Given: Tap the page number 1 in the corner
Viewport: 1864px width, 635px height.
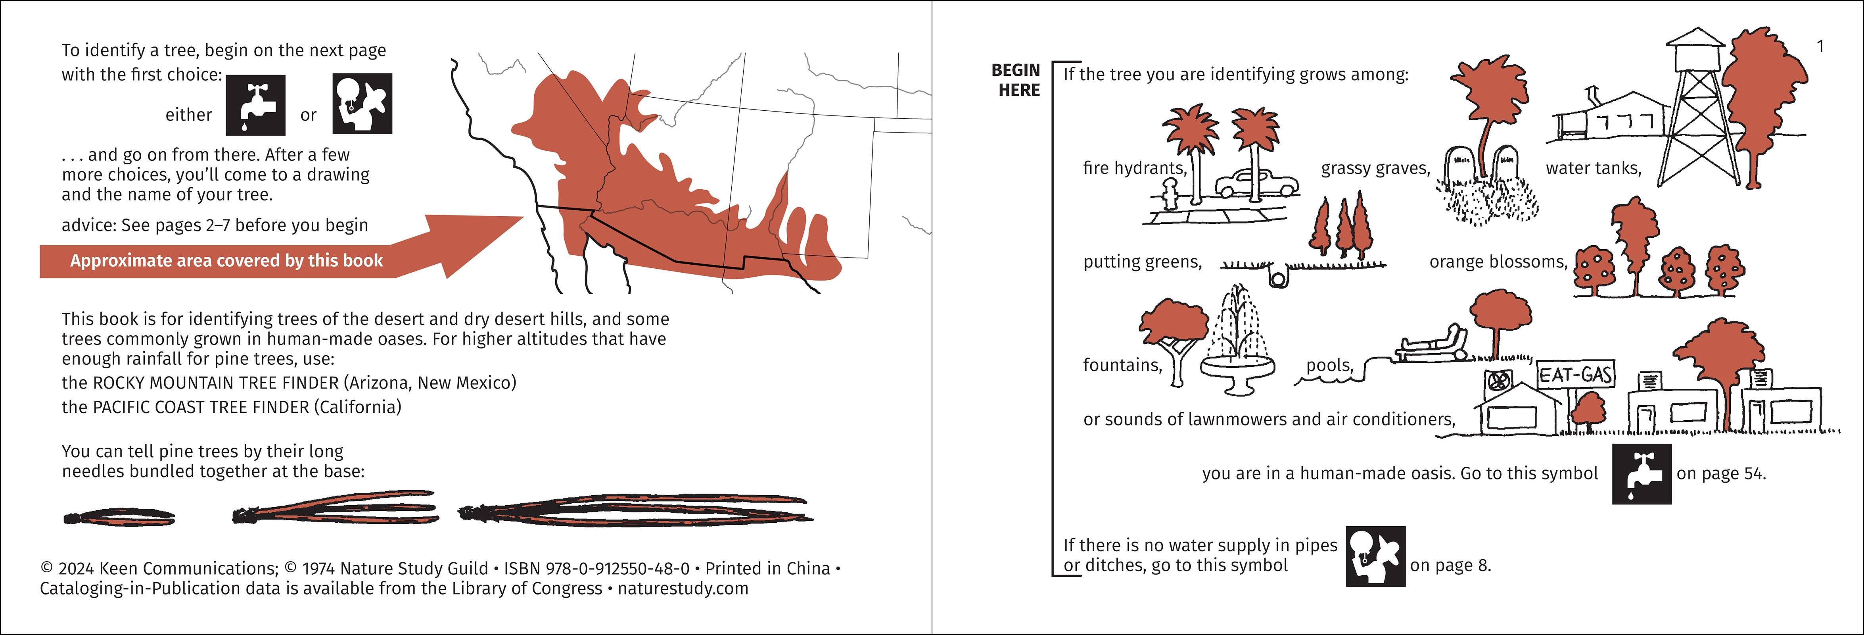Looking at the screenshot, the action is point(1821,46).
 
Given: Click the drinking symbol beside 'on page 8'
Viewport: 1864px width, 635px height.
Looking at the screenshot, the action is point(1375,556).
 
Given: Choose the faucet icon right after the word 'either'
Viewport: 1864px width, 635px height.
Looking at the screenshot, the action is point(255,106).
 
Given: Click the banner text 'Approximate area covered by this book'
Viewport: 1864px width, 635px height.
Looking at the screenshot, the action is point(226,261).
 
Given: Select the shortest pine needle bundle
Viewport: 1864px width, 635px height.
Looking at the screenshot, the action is point(119,517).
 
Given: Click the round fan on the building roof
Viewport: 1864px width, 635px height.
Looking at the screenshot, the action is point(1496,379).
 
